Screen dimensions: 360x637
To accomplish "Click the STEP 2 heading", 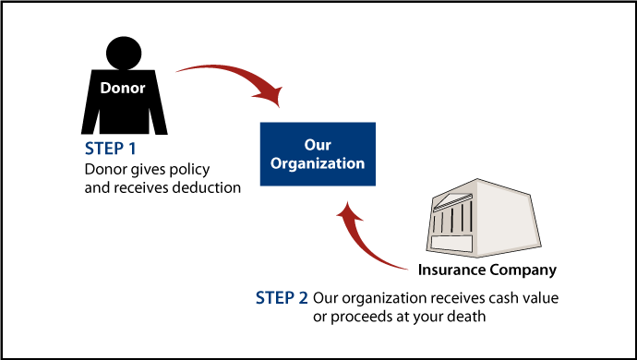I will (282, 298).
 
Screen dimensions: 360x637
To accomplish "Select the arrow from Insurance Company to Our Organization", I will (369, 245).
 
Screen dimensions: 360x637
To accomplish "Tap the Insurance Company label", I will (487, 270).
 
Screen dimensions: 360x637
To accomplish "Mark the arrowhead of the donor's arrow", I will (270, 92).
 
